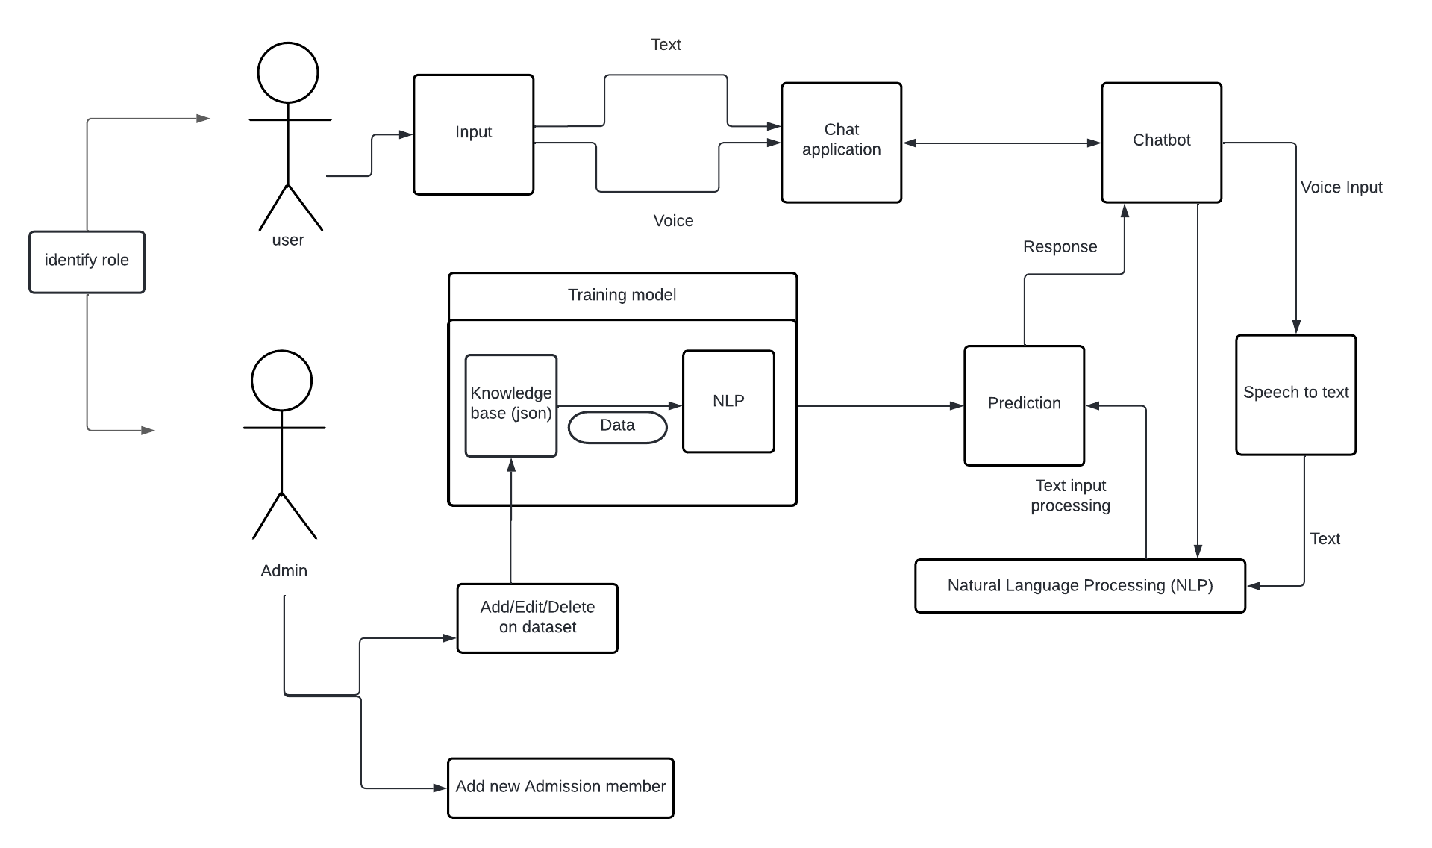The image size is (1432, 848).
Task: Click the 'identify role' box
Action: pos(87,261)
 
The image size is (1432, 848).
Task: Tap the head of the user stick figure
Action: pos(288,72)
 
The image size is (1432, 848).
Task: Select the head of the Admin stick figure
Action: pos(282,380)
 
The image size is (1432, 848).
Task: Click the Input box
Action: pos(473,134)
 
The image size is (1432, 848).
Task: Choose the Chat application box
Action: pos(841,142)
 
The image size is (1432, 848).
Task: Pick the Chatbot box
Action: pos(1161,142)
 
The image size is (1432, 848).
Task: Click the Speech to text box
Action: pos(1295,394)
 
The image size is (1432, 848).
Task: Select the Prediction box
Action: pos(1024,405)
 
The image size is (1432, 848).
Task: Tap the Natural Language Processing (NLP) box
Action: pos(1080,586)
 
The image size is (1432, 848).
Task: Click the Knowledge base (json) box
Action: pos(511,405)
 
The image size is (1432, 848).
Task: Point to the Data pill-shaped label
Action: pos(617,427)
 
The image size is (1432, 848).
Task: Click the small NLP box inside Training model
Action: pos(728,402)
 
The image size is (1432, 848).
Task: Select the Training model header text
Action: pos(622,296)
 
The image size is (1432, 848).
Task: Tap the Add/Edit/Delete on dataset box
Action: pos(537,618)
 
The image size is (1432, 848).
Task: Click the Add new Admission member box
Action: pos(560,788)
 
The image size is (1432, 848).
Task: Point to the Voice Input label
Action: pos(1341,188)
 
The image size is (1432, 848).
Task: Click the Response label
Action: pos(1060,247)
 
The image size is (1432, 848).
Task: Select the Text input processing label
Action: pos(1070,496)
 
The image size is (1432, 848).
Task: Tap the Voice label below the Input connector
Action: pos(673,221)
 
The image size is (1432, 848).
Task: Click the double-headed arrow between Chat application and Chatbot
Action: pos(1001,143)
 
